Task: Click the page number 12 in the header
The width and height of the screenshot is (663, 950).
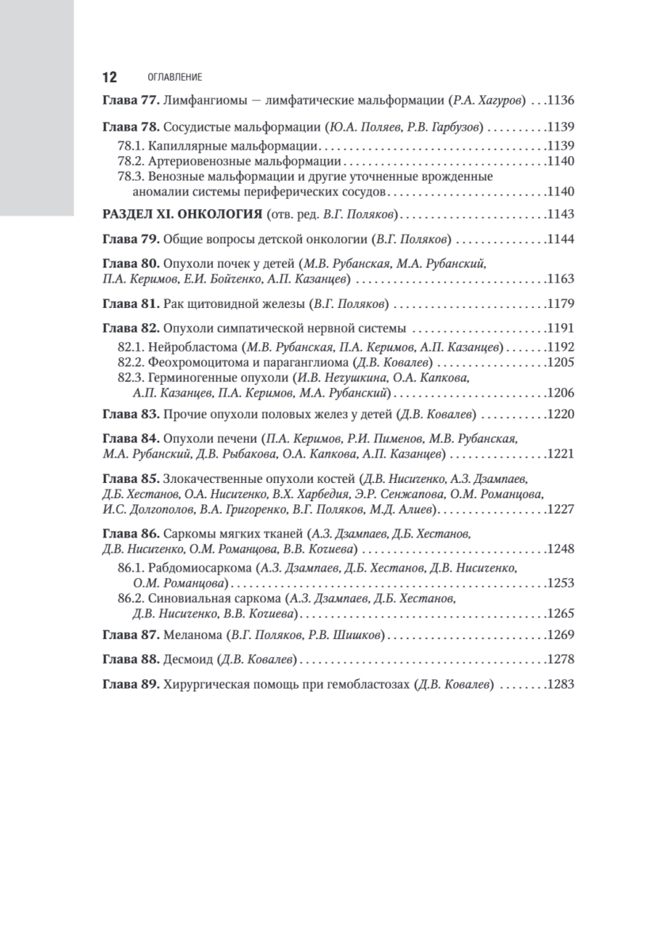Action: pos(109,77)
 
